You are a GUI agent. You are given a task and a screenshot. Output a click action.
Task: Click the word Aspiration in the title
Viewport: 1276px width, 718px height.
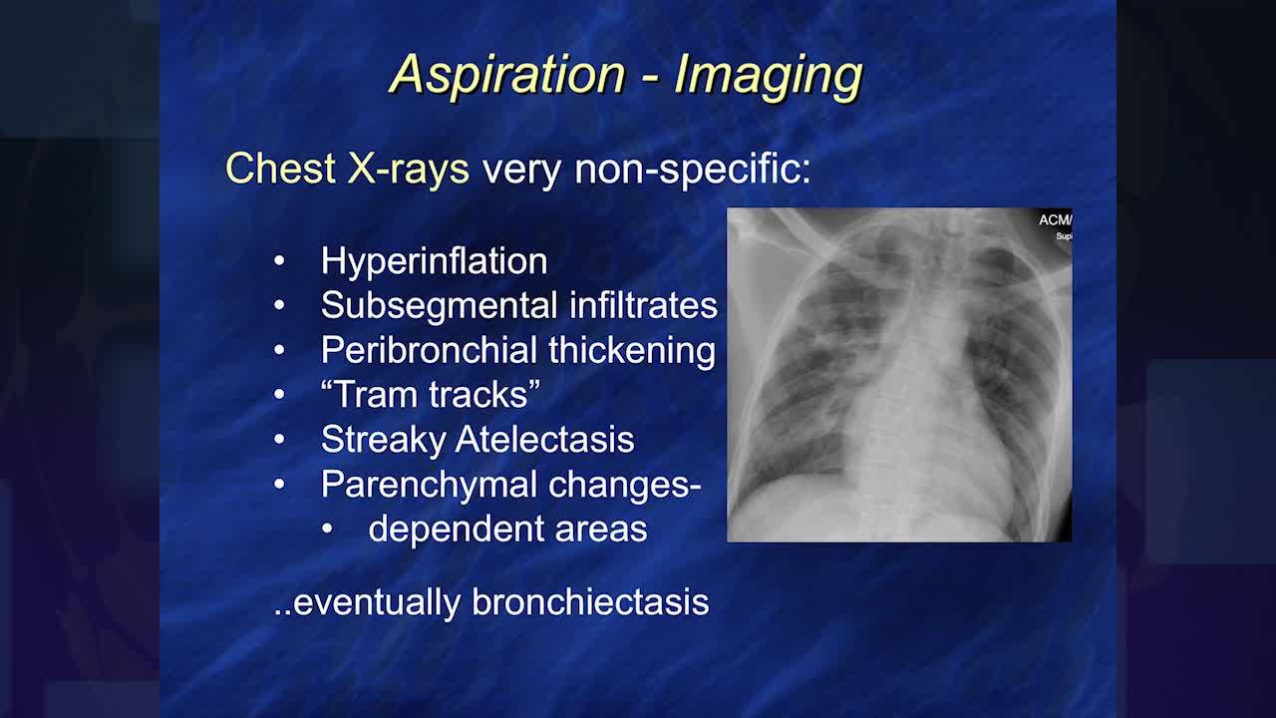tap(508, 75)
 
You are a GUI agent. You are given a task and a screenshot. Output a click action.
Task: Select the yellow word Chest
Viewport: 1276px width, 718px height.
tap(280, 169)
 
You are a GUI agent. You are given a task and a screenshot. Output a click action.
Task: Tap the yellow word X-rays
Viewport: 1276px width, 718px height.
tap(408, 169)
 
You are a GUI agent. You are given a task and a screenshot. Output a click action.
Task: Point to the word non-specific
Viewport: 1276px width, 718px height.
tap(692, 170)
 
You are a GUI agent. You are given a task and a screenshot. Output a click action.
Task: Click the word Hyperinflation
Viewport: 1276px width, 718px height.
tap(434, 261)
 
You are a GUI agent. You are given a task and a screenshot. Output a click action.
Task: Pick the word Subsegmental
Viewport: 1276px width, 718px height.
tap(440, 305)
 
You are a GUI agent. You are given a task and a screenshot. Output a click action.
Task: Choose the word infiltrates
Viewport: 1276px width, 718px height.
tap(644, 305)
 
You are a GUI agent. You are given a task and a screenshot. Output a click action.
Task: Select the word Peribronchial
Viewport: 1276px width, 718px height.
tap(429, 350)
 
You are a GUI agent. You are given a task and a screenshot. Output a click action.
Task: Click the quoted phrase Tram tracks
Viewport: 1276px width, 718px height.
tap(431, 394)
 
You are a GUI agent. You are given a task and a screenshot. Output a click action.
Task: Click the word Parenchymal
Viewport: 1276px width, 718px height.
tap(429, 486)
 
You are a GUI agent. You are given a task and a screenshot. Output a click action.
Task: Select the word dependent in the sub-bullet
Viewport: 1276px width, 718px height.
tap(456, 529)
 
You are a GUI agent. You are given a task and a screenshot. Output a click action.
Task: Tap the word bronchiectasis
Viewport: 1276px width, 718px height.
tap(591, 602)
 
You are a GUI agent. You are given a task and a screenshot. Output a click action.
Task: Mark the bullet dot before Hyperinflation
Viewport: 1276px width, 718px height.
tap(279, 261)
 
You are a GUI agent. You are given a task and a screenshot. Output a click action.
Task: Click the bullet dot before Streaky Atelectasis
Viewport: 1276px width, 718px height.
tap(279, 440)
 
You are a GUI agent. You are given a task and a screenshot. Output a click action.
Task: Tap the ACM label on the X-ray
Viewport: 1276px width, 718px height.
tap(1055, 220)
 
